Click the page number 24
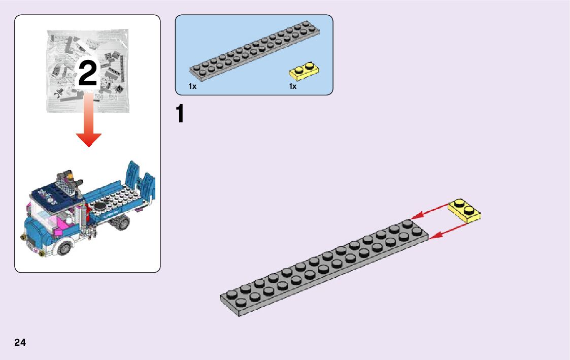(x=20, y=342)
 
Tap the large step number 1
(x=180, y=114)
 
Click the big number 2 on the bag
(x=87, y=75)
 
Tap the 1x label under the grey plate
(x=192, y=87)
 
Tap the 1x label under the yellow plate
(x=293, y=87)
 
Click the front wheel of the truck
(x=64, y=247)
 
